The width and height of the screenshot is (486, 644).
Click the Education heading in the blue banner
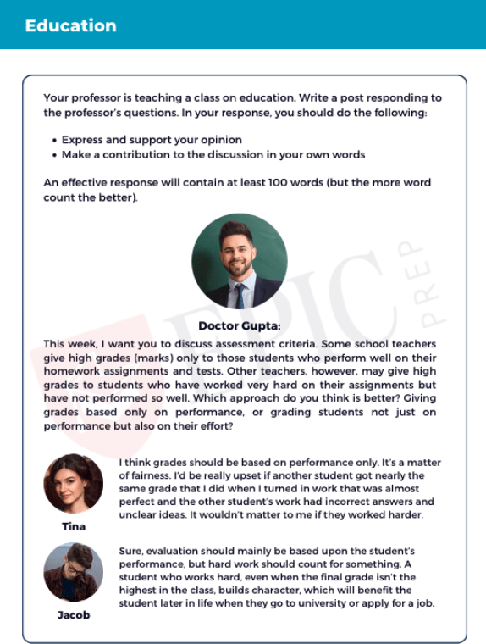point(70,25)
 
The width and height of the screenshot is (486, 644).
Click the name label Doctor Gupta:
point(240,325)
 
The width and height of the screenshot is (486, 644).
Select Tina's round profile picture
point(74,484)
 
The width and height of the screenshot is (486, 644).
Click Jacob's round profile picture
point(74,573)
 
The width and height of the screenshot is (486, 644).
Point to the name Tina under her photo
point(74,526)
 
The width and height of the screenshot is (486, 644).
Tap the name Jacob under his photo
point(74,614)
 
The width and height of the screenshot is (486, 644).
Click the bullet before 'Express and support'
point(54,141)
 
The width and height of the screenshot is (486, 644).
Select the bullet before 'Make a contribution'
point(54,156)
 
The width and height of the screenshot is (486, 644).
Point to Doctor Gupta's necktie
point(240,293)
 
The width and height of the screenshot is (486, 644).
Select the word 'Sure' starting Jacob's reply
point(131,551)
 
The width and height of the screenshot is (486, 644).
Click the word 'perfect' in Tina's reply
point(139,502)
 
